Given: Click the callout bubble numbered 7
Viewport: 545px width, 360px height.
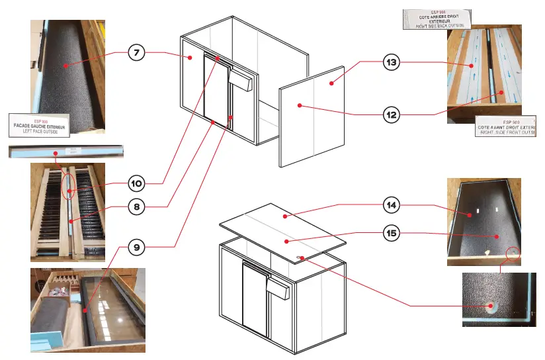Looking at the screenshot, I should pyautogui.click(x=138, y=54).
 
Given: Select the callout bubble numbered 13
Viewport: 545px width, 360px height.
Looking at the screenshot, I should pyautogui.click(x=392, y=63).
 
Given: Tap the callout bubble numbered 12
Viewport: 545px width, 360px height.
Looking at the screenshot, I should pyautogui.click(x=392, y=114).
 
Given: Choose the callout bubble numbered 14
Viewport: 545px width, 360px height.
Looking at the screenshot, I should pyautogui.click(x=392, y=206).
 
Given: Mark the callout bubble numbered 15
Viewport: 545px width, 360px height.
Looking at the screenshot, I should pyautogui.click(x=392, y=232).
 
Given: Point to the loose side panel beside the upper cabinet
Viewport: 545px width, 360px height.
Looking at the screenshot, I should pyautogui.click(x=313, y=116).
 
